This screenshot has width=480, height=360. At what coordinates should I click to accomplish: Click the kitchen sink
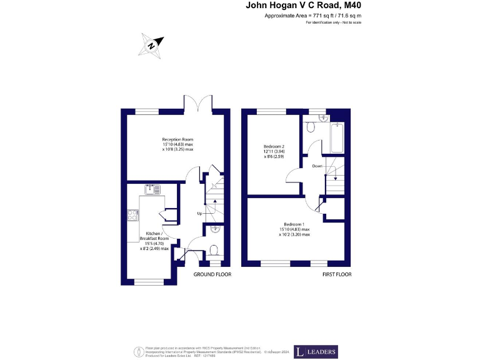[153, 188]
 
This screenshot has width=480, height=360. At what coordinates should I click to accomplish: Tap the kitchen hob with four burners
[133, 215]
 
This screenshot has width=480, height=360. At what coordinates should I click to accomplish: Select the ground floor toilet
[214, 251]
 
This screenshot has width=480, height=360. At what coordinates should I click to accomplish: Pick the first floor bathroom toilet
[312, 127]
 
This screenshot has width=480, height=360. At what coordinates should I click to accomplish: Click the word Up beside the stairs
[200, 213]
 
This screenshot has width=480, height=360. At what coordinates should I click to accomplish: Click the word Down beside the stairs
[317, 166]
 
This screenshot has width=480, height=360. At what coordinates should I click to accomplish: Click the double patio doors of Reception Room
[199, 103]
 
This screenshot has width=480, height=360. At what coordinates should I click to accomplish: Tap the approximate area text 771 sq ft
[313, 15]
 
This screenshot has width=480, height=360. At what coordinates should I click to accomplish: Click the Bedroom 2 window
[270, 111]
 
